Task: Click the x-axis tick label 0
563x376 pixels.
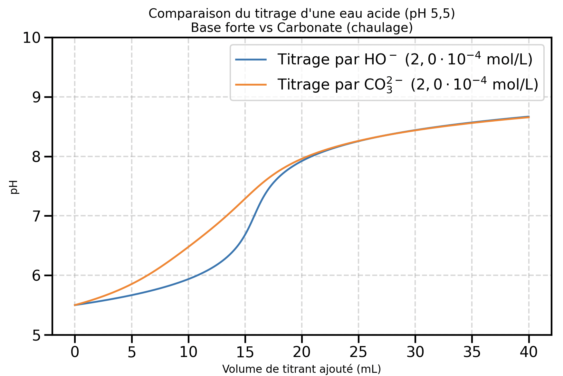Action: pyautogui.click(x=75, y=352)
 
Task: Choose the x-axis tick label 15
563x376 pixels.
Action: pyautogui.click(x=245, y=352)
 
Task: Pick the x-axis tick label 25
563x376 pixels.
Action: pyautogui.click(x=358, y=352)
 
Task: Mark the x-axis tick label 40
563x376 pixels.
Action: pyautogui.click(x=529, y=352)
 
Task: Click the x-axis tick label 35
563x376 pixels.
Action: pyautogui.click(x=472, y=352)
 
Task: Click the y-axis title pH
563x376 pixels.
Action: pyautogui.click(x=14, y=187)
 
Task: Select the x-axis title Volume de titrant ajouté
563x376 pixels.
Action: pyautogui.click(x=301, y=369)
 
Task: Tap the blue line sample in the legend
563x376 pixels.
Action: pyautogui.click(x=251, y=60)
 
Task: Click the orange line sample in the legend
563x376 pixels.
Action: pyautogui.click(x=251, y=85)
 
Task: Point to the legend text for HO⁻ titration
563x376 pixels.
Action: pyautogui.click(x=405, y=60)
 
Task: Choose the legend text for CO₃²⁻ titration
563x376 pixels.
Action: pyautogui.click(x=408, y=85)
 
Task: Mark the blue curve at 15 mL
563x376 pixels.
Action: pyautogui.click(x=245, y=234)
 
